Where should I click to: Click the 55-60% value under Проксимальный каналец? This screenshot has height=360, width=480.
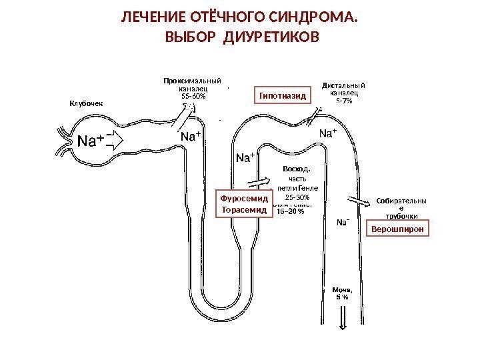pos(194,96)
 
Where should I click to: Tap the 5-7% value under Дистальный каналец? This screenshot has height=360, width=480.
pos(344,101)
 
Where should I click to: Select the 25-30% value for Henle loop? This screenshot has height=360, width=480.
pos(297,197)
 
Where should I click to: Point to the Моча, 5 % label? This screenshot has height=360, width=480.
pos(341,294)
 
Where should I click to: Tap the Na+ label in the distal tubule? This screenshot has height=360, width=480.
pos(328,134)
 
